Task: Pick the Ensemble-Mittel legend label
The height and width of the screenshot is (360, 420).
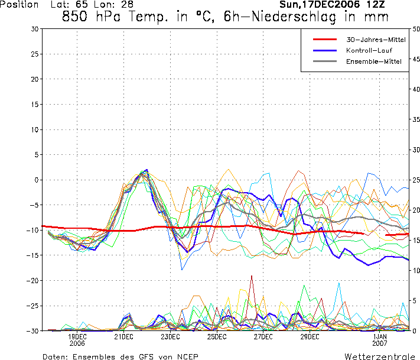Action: pos(373,61)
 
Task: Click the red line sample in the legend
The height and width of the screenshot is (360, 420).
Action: pos(325,39)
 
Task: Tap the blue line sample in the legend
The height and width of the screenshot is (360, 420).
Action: pos(325,50)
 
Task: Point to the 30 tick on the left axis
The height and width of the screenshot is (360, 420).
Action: pos(35,28)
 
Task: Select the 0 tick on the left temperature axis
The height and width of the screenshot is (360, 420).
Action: pos(37,180)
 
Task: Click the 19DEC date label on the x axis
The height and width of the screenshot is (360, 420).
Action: pos(77,337)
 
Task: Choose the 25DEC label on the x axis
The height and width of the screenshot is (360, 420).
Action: pos(217,337)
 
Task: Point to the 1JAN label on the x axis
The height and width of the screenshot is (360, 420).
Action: pos(380,337)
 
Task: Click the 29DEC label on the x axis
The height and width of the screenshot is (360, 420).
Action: pos(310,337)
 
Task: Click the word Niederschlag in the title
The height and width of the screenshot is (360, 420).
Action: pos(315,17)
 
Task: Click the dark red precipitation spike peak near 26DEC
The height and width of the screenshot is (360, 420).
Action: pos(252,276)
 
